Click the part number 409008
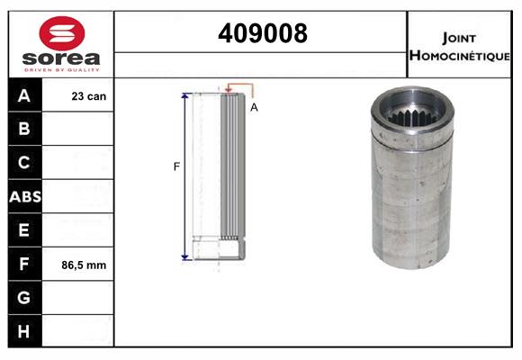262,33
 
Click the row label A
24,95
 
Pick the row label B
24,129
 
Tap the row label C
24,163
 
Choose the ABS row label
24,196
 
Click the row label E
24,230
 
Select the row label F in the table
24,265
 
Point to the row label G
24,298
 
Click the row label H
24,331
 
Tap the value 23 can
89,95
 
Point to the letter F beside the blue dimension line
176,166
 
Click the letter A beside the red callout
254,107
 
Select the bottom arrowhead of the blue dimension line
185,257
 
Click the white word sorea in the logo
60,59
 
